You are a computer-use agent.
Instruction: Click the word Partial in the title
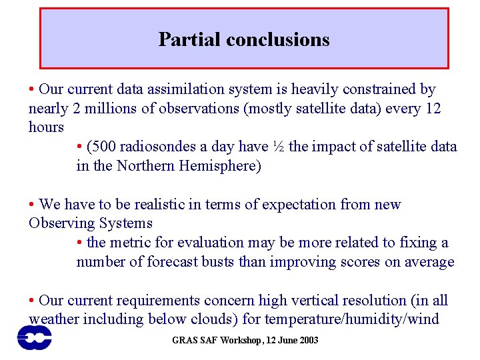point(189,39)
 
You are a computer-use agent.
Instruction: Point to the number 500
point(107,147)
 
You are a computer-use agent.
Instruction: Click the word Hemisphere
point(221,165)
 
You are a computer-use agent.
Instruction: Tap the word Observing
point(58,223)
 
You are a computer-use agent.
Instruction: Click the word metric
point(133,243)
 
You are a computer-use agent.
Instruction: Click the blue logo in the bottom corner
point(35,337)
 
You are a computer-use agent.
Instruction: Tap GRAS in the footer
point(183,341)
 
